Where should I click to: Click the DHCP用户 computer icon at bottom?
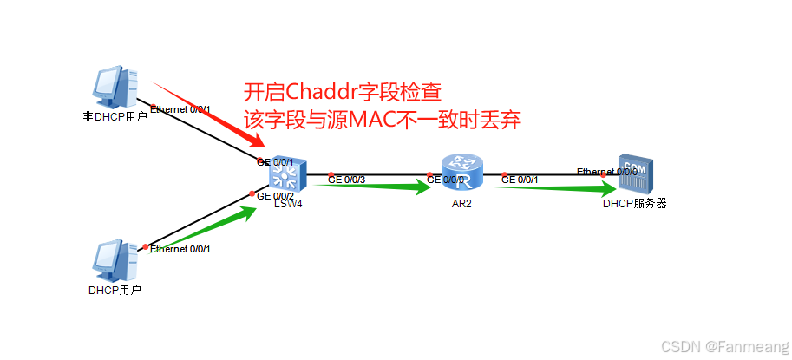click(x=113, y=260)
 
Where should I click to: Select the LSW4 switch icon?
click(x=284, y=177)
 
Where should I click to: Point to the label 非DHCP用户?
click(x=114, y=115)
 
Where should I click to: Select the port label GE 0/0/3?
click(x=346, y=180)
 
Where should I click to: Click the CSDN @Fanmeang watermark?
click(x=724, y=346)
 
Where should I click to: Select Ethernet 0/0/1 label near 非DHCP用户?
click(x=180, y=109)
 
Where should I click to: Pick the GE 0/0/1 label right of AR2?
click(x=520, y=180)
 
